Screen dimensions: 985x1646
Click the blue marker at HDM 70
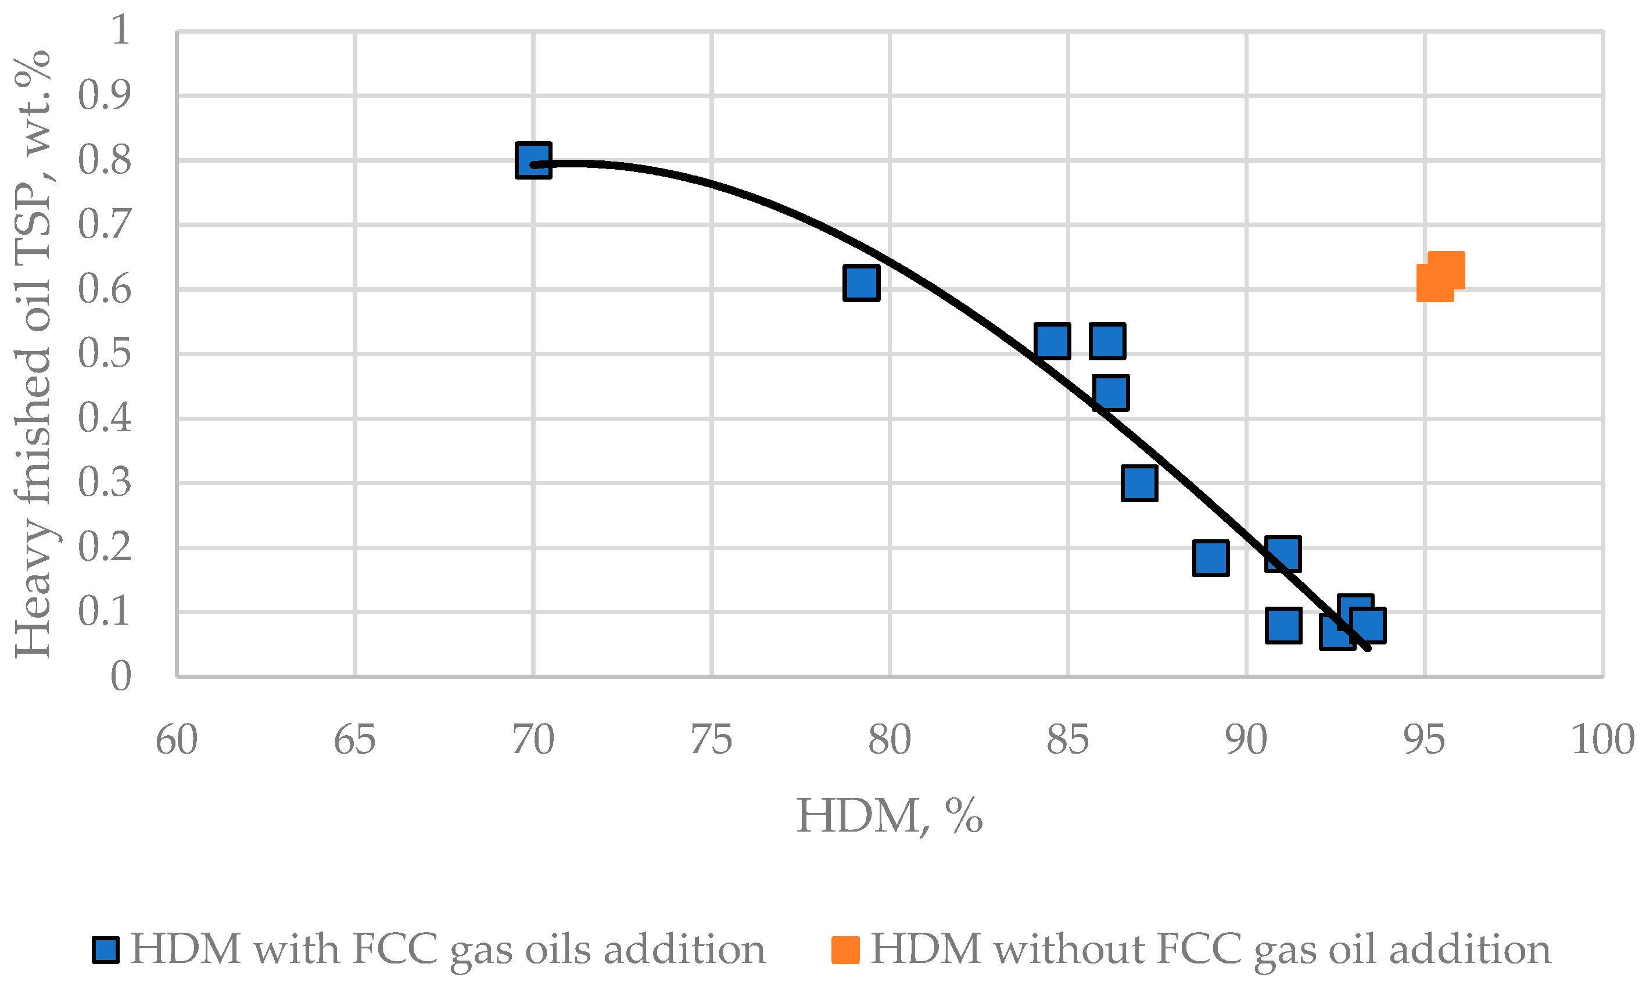pos(533,160)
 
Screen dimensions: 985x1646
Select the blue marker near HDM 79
pos(861,283)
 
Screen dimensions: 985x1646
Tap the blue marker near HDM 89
pos(1210,557)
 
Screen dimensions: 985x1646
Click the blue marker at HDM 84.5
pos(1052,341)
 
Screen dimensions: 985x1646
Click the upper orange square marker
pos(1446,270)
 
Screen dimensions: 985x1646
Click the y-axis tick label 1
pos(120,31)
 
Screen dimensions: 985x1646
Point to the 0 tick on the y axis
pos(120,677)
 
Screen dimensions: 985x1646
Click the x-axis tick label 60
pos(177,740)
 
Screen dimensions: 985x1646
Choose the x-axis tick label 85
pos(1067,740)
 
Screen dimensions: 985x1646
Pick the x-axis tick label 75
pos(711,740)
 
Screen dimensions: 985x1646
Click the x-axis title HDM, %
pos(889,816)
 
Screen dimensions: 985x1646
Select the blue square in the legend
pos(106,950)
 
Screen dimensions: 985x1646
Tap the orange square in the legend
pos(845,950)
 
